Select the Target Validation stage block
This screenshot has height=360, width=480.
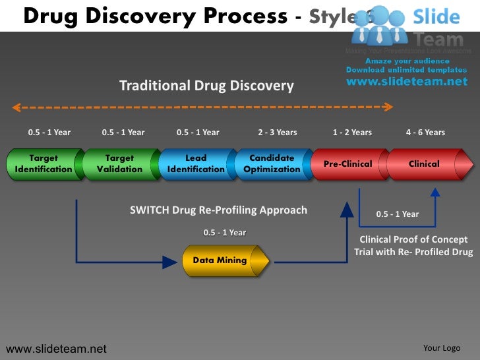(x=119, y=164)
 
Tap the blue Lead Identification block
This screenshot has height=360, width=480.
(x=196, y=164)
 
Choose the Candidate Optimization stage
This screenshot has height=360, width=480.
(x=272, y=164)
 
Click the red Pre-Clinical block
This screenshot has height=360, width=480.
(x=347, y=164)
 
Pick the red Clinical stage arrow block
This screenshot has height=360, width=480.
(x=425, y=164)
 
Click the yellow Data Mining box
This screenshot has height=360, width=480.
(x=220, y=260)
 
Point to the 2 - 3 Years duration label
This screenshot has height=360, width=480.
(x=278, y=133)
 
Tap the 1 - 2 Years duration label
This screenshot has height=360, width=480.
(x=352, y=133)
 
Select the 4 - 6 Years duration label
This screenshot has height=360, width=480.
(x=425, y=133)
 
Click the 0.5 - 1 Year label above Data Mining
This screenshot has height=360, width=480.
(x=225, y=233)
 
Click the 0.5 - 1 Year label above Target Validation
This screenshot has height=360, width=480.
(x=123, y=133)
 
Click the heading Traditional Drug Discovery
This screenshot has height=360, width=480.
(x=206, y=86)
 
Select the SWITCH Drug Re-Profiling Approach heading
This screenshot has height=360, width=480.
(x=218, y=210)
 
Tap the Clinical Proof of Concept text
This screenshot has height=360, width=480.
(x=413, y=240)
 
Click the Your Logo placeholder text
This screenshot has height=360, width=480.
(x=442, y=348)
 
